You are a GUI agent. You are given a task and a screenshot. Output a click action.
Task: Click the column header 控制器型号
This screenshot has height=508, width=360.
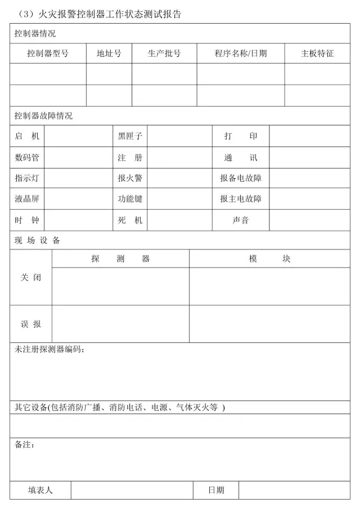(x=48, y=54)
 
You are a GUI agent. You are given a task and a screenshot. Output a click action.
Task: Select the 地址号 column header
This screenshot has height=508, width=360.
(x=109, y=54)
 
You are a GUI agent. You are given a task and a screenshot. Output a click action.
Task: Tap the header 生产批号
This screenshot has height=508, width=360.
(x=164, y=54)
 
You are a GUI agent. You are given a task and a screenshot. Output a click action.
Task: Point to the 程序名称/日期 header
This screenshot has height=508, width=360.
(x=240, y=54)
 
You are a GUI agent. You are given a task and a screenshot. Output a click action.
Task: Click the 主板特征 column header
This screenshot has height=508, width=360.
(x=317, y=54)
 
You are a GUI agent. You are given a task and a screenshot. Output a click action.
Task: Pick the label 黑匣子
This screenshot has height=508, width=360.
(x=130, y=137)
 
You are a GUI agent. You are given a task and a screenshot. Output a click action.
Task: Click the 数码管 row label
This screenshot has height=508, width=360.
(x=27, y=158)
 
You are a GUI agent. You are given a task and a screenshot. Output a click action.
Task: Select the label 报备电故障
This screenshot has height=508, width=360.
(x=241, y=179)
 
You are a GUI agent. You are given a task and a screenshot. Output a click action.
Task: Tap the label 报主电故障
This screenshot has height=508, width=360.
(x=241, y=199)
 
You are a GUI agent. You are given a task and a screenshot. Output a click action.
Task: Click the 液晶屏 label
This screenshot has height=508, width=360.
(x=27, y=199)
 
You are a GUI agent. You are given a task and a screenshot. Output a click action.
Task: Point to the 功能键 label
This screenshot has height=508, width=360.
(x=130, y=199)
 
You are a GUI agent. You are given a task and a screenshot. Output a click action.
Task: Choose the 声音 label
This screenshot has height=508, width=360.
(x=241, y=220)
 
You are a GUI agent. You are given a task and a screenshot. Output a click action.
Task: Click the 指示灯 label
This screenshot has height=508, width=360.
(x=27, y=179)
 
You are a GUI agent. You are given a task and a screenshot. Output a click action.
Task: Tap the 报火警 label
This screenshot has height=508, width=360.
(x=130, y=179)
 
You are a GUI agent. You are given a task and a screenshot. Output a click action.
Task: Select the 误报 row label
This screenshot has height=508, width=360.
(x=31, y=324)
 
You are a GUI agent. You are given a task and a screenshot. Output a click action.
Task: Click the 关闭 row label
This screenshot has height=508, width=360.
(x=31, y=278)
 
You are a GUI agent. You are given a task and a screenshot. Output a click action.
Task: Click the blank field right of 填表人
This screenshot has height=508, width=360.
(x=132, y=490)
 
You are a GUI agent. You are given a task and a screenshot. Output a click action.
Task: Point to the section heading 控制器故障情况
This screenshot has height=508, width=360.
(x=43, y=116)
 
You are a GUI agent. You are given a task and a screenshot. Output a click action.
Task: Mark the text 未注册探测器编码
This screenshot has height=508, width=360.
(x=49, y=350)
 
